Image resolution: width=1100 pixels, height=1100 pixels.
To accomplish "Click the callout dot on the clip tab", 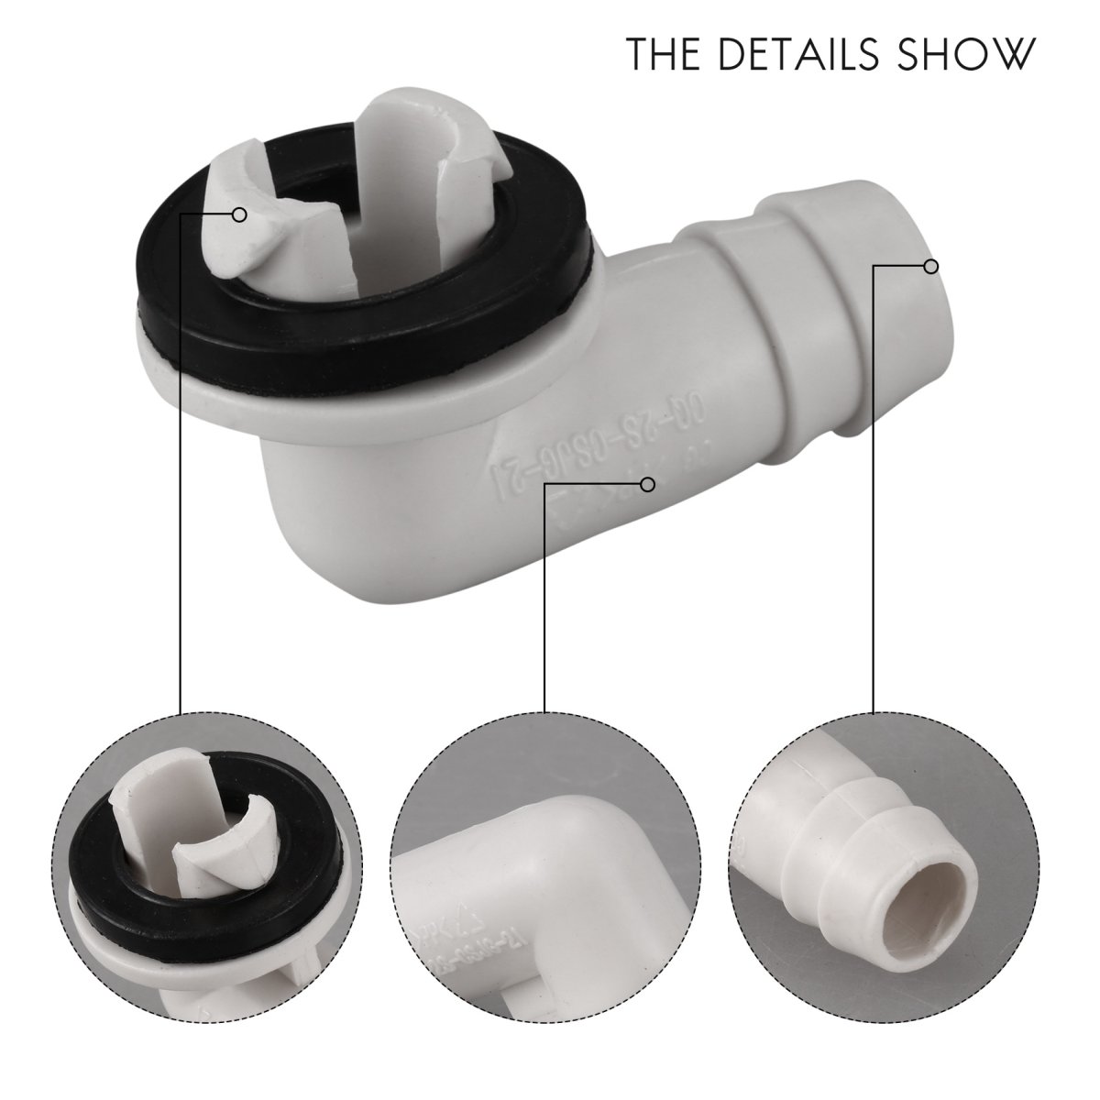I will point(240,214).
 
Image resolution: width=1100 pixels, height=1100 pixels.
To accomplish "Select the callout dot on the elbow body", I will point(650,483).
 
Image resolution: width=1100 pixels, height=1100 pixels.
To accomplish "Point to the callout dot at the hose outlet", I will point(930,267).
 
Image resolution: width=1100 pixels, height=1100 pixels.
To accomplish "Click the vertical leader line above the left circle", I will point(180,458).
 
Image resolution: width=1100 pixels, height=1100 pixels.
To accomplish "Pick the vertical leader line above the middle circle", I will point(545,596).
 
